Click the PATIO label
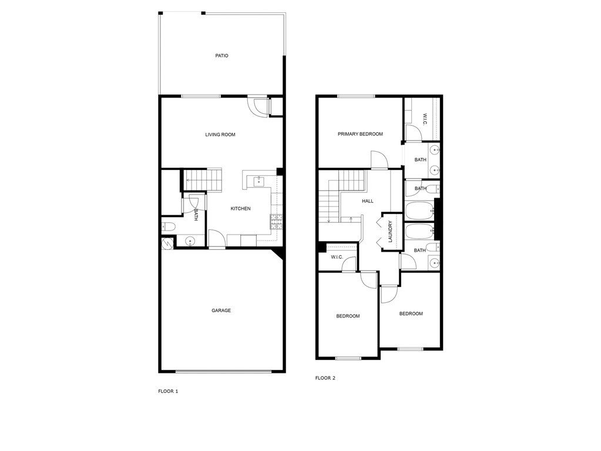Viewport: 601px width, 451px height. click(x=221, y=56)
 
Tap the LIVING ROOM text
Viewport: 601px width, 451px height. click(x=220, y=135)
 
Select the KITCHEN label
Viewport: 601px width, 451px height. click(x=240, y=209)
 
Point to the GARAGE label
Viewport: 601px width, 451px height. click(x=221, y=310)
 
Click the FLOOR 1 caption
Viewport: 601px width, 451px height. click(x=168, y=391)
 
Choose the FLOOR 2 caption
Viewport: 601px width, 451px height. click(x=325, y=377)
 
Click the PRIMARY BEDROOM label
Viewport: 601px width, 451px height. click(x=360, y=134)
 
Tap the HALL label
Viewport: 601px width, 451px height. click(x=368, y=201)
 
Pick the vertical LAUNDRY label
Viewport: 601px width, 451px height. click(x=390, y=232)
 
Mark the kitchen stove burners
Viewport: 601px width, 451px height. click(x=276, y=222)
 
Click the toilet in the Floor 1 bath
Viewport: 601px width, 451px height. click(x=168, y=227)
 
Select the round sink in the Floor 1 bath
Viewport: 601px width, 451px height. click(x=190, y=242)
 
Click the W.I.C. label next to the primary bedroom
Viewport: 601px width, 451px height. click(x=425, y=119)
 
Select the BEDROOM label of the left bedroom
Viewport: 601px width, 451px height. click(x=348, y=316)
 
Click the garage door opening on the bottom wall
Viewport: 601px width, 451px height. click(x=223, y=371)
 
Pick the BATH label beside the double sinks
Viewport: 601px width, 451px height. click(x=421, y=160)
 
